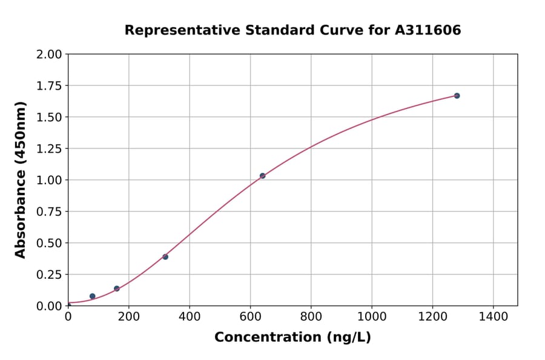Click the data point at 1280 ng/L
click(x=457, y=96)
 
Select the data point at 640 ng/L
click(x=262, y=176)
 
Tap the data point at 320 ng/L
click(x=165, y=257)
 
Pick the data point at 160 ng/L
click(x=117, y=288)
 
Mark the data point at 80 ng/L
click(x=92, y=296)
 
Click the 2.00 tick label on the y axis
click(x=49, y=55)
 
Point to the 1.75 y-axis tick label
click(x=49, y=86)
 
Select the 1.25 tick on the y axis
click(x=49, y=148)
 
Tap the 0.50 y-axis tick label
click(x=49, y=243)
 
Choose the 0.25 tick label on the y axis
click(x=49, y=275)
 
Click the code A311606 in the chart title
click(x=428, y=30)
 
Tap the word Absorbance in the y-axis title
click(x=21, y=214)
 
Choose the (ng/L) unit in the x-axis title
click(x=349, y=338)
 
